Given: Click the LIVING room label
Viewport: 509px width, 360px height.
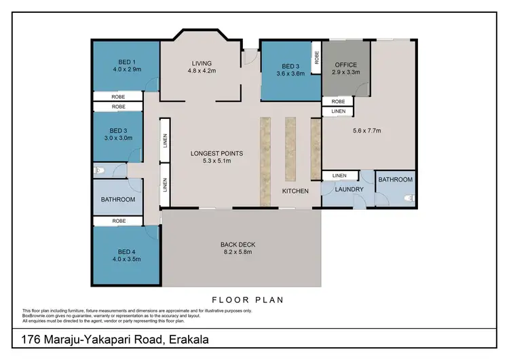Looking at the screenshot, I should [x=201, y=63].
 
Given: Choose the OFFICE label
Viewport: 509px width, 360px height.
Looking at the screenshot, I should [x=345, y=65].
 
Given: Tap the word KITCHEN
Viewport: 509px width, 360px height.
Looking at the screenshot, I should [x=296, y=192].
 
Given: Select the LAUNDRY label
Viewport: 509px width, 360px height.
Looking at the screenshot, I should [x=350, y=190].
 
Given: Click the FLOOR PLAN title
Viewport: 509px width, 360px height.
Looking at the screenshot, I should [x=247, y=299].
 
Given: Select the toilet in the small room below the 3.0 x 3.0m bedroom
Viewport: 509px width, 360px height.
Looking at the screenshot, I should [x=99, y=170].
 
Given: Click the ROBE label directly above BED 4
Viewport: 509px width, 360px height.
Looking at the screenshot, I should [x=118, y=221].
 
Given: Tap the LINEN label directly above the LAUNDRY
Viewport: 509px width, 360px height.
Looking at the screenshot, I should [x=339, y=176].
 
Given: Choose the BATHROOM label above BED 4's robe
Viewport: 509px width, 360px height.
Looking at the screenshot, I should [x=118, y=200].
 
